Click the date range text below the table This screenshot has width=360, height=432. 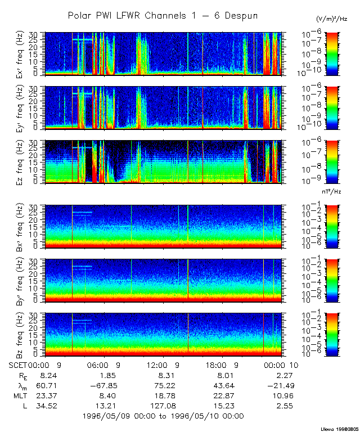(x=163, y=416)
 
